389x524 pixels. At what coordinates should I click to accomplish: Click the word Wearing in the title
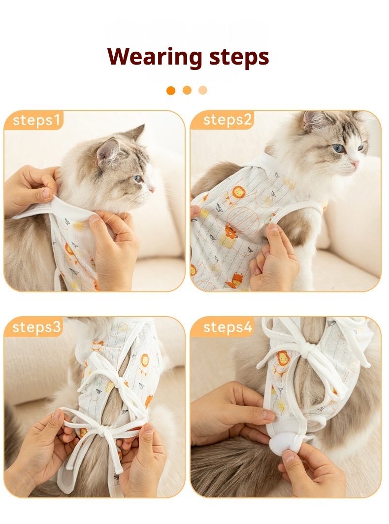click(x=155, y=57)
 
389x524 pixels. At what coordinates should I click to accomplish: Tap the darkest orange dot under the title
click(x=171, y=90)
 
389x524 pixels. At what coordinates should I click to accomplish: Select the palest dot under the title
click(x=203, y=90)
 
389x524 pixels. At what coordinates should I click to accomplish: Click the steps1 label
click(x=37, y=120)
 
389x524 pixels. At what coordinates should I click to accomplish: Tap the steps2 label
click(x=227, y=120)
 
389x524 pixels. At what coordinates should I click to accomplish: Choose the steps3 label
click(x=37, y=327)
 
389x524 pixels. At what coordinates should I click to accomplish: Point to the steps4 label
click(x=227, y=327)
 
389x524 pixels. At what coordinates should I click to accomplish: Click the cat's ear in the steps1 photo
click(x=108, y=150)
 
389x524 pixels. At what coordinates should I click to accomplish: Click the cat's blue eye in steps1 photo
click(x=137, y=179)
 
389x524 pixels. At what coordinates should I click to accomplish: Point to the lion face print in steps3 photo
click(x=145, y=360)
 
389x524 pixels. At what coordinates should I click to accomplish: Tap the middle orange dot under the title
click(x=187, y=90)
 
